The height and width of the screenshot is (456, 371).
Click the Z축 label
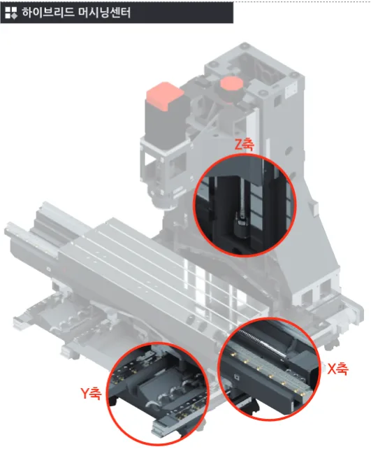point(244,145)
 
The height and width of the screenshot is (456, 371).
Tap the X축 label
point(337,369)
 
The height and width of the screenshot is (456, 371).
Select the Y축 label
point(91,394)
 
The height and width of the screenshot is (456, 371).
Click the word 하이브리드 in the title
point(48,13)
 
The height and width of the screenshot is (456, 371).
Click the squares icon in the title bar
point(11,13)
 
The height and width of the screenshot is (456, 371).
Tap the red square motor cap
point(165,96)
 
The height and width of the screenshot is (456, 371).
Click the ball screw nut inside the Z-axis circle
point(240,225)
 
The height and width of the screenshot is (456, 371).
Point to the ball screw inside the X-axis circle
point(262,342)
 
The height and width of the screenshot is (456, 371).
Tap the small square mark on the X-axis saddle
point(237,377)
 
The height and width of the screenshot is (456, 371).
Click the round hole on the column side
point(289,150)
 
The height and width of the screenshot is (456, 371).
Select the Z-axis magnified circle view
point(244,205)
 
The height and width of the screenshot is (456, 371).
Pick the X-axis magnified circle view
point(269,369)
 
